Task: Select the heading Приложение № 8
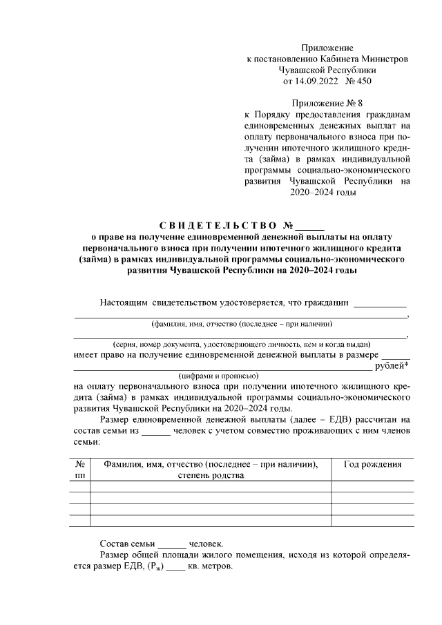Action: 327,102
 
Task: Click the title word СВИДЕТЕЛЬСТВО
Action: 215,226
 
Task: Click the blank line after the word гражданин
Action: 380,304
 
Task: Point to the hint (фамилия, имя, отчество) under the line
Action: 241,324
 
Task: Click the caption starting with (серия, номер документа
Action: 241,344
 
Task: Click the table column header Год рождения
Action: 372,465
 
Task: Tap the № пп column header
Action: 80,470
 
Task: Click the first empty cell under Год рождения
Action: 372,486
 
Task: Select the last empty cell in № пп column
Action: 80,520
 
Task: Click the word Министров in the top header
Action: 385,59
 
